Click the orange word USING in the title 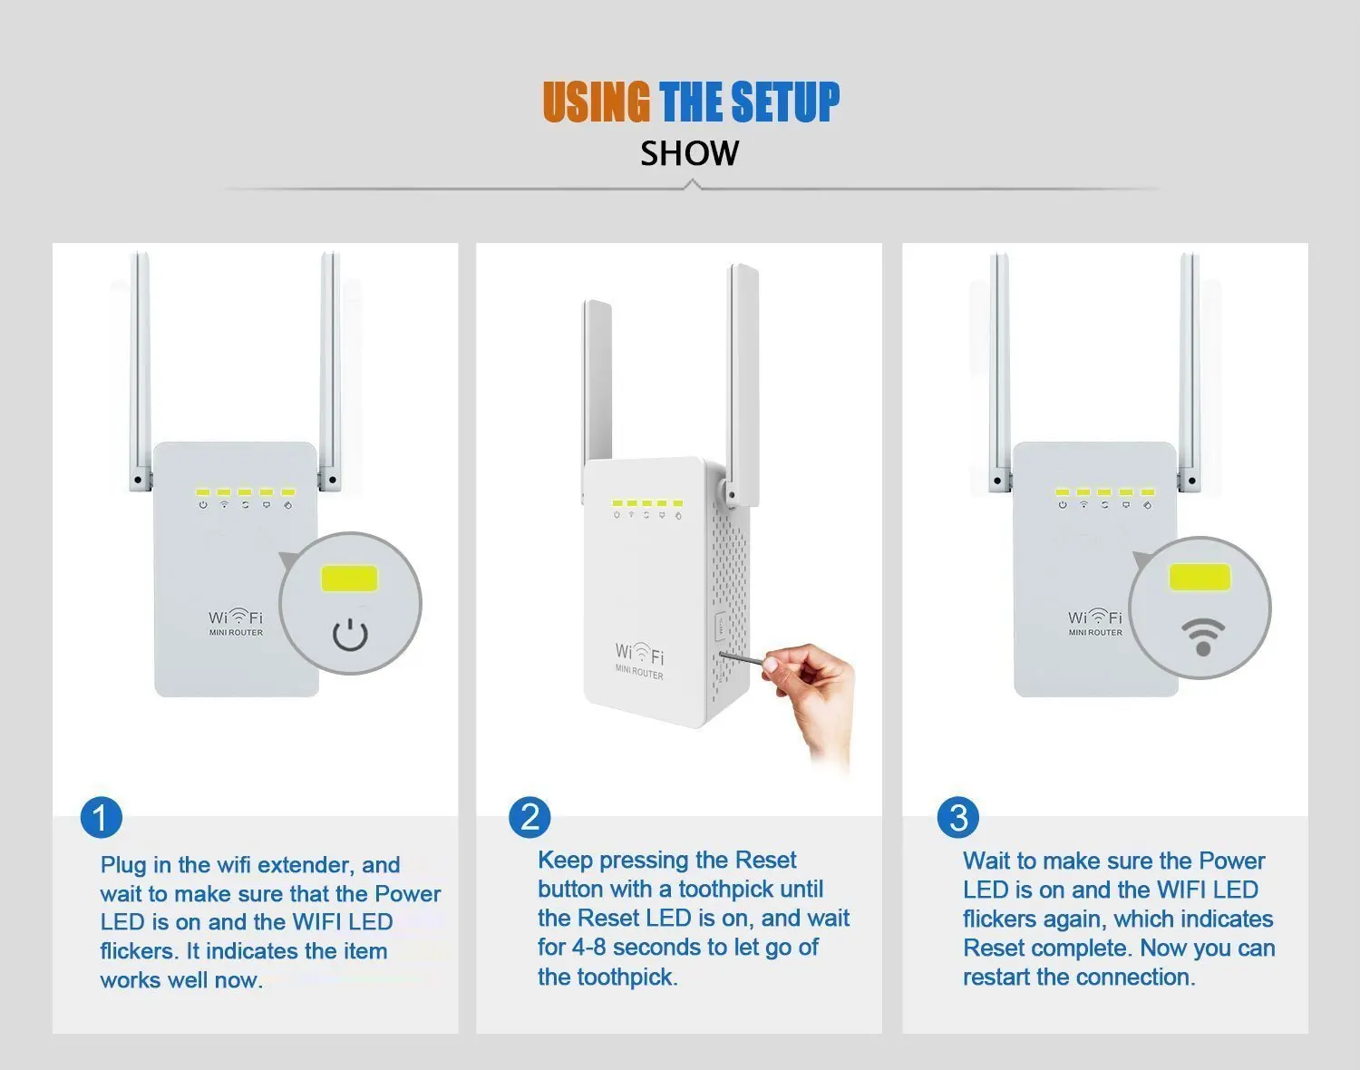coord(596,102)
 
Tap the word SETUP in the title coord(785,102)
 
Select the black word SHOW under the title coord(689,153)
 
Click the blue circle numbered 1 coord(102,817)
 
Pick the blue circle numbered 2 coord(529,817)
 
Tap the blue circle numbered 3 coord(958,817)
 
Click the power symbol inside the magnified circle coord(350,635)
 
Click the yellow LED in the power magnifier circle coord(349,579)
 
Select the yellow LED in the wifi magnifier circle coord(1200,577)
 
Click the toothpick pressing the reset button coord(742,658)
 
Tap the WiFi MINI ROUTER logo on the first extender coord(236,622)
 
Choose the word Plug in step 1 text coord(124,865)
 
